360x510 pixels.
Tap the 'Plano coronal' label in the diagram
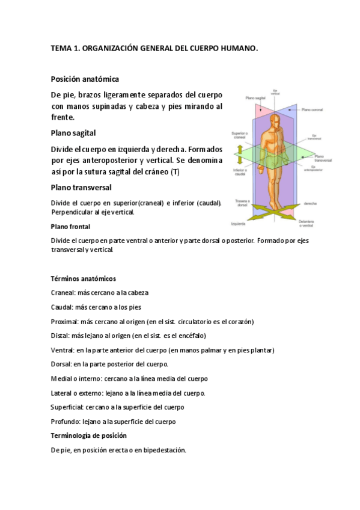[x=313, y=109]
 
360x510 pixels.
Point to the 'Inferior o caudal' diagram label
[x=242, y=172]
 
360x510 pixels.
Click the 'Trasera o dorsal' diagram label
[x=243, y=202]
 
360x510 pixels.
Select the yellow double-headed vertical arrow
[x=238, y=154]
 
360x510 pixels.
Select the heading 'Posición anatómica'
[x=85, y=79]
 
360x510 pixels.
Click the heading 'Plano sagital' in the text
[x=73, y=132]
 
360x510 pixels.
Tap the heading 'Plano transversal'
[x=81, y=187]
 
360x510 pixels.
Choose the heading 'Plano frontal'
[x=70, y=227]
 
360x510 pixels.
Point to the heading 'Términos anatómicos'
[x=83, y=279]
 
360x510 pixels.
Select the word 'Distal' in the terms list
[x=60, y=336]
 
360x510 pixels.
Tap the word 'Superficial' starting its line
[x=67, y=407]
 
